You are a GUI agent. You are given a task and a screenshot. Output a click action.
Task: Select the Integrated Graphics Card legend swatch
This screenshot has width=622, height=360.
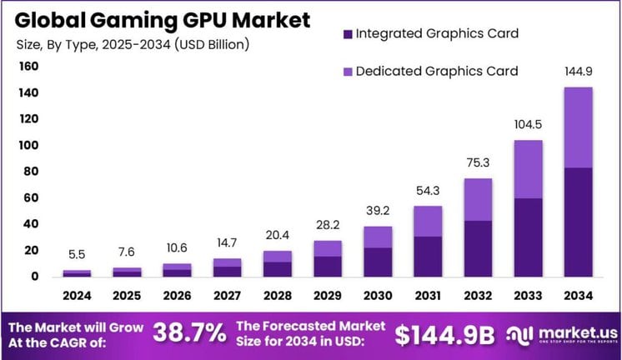346,34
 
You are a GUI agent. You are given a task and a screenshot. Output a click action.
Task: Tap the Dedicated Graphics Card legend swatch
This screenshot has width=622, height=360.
346,72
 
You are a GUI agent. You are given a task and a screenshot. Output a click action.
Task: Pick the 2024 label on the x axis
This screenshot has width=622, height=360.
77,295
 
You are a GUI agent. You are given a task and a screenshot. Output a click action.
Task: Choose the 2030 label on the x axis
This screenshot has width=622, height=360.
377,295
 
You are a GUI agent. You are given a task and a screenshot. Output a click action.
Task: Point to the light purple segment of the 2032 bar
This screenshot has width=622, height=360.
477,199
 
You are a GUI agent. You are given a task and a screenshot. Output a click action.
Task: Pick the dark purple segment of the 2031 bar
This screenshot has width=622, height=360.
427,256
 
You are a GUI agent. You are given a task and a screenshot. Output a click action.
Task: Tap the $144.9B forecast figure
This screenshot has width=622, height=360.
444,333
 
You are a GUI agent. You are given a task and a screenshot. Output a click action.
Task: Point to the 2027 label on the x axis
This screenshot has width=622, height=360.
227,295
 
